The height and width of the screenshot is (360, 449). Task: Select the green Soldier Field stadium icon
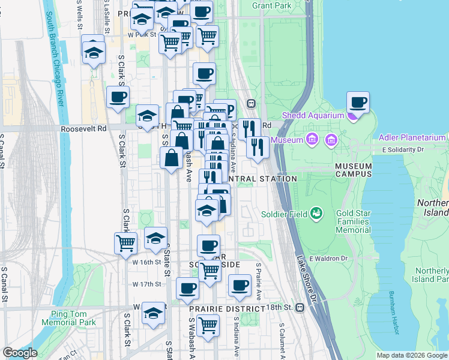pyautogui.click(x=315, y=213)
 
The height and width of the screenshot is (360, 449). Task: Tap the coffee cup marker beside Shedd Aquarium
pyautogui.click(x=358, y=103)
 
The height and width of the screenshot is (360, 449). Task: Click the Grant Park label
pyautogui.click(x=272, y=5)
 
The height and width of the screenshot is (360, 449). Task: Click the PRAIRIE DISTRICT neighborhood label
pyautogui.click(x=226, y=308)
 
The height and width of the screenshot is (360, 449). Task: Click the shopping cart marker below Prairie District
pyautogui.click(x=208, y=326)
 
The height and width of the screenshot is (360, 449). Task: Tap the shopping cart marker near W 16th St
pyautogui.click(x=125, y=242)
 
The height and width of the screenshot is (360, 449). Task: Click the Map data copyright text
pyautogui.click(x=412, y=355)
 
